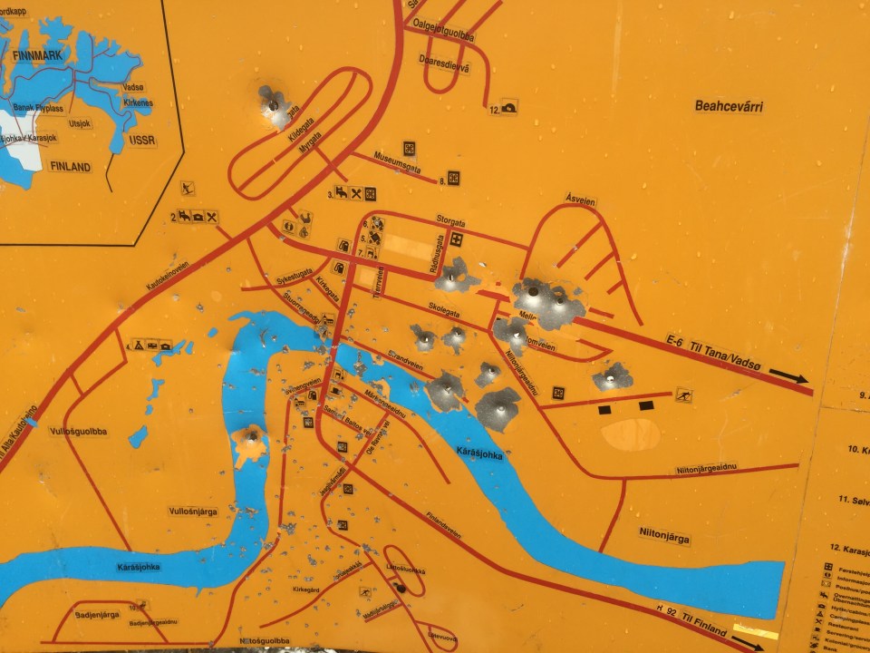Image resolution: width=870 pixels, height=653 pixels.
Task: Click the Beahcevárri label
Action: [729, 106]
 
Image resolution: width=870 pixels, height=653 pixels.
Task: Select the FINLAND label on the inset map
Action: [70, 167]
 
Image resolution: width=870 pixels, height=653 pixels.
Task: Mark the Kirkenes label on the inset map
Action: [135, 102]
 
